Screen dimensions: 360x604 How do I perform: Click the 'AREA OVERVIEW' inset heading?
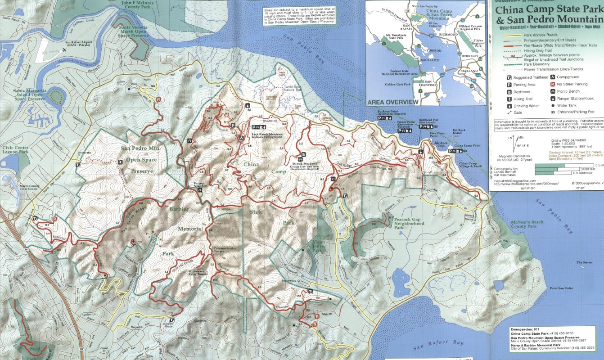(393, 102)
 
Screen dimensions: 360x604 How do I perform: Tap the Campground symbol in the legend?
(552, 77)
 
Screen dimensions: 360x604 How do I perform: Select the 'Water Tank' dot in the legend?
(552, 105)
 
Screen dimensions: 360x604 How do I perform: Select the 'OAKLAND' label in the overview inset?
(469, 71)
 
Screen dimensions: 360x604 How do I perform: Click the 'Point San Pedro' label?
(560, 288)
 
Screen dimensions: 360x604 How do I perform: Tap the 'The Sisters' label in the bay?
(586, 262)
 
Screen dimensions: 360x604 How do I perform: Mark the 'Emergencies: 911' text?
(524, 329)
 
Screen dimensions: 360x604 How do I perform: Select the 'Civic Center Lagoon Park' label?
(15, 149)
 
